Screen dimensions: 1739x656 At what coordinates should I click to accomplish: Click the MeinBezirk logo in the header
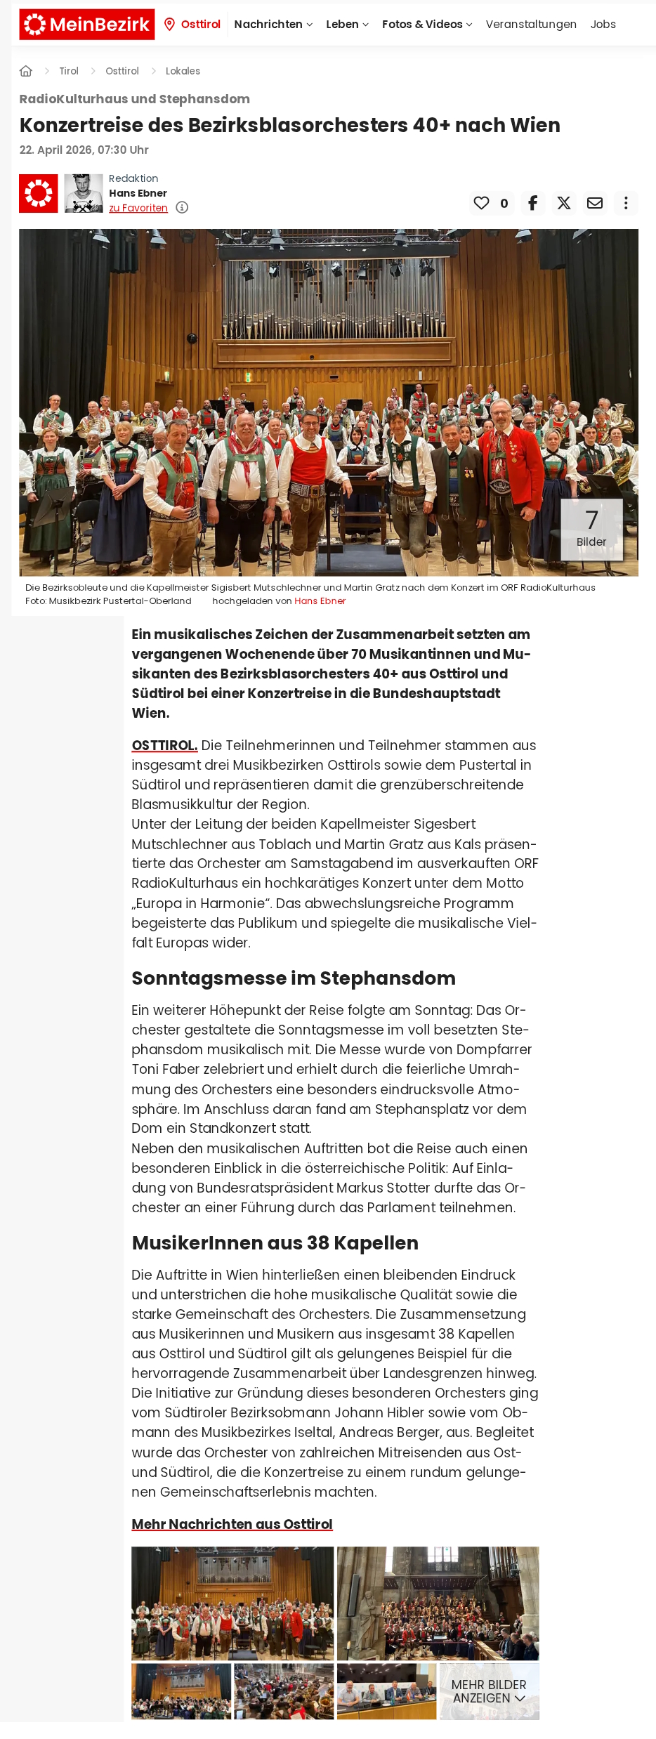pyautogui.click(x=87, y=25)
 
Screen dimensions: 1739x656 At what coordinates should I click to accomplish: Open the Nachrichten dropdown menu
pyautogui.click(x=273, y=25)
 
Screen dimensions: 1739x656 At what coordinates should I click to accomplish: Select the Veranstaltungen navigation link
pyautogui.click(x=530, y=25)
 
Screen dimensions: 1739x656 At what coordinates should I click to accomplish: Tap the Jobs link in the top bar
pyautogui.click(x=603, y=25)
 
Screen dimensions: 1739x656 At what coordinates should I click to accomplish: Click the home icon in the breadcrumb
pyautogui.click(x=26, y=71)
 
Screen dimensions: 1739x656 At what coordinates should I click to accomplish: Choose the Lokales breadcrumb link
pyautogui.click(x=183, y=71)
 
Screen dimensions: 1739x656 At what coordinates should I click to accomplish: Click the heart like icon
pyautogui.click(x=481, y=203)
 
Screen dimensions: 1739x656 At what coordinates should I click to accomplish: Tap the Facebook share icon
pyautogui.click(x=533, y=203)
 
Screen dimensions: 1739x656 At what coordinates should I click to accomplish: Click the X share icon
pyautogui.click(x=564, y=203)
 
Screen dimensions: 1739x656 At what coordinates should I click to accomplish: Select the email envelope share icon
pyautogui.click(x=595, y=203)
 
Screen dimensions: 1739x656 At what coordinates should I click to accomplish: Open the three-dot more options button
pyautogui.click(x=626, y=203)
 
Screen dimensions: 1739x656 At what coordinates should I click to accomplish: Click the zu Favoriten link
pyautogui.click(x=138, y=208)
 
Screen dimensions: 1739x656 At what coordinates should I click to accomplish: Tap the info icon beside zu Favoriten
pyautogui.click(x=182, y=207)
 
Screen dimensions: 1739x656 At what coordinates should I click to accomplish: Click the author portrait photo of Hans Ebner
pyautogui.click(x=84, y=193)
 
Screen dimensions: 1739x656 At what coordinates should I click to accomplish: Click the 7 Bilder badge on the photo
pyautogui.click(x=591, y=529)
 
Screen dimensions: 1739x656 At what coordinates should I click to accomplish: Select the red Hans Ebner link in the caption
pyautogui.click(x=320, y=601)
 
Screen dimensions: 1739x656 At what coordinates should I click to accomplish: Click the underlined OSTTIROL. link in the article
pyautogui.click(x=164, y=745)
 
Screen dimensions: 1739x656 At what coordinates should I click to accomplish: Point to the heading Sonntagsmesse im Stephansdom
pyautogui.click(x=294, y=978)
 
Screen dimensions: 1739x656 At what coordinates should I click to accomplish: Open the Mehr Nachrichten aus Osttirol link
pyautogui.click(x=232, y=1523)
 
